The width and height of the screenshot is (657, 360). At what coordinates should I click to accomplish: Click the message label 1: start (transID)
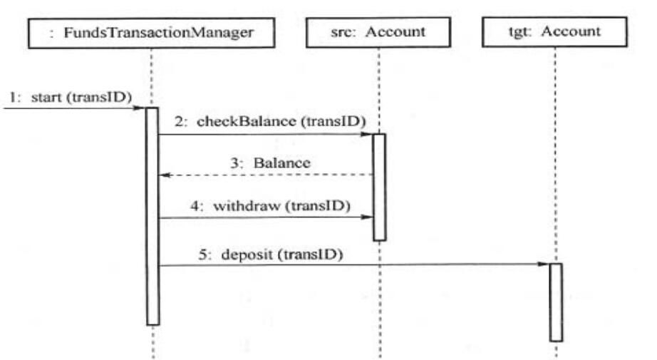(71, 97)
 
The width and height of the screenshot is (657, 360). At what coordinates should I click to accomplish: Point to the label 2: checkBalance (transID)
(270, 121)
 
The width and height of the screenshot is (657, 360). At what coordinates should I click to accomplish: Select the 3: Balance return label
(271, 163)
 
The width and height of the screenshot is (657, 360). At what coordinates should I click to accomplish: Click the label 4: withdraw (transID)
(270, 206)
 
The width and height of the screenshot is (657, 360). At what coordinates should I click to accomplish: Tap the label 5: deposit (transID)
(271, 254)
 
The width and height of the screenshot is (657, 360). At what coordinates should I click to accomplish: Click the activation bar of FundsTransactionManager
(152, 216)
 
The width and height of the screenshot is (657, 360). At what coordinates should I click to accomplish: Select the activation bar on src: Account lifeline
(379, 187)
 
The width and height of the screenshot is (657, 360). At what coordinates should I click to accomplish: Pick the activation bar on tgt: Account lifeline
(556, 302)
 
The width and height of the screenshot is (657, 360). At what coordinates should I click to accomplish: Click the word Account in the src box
(395, 32)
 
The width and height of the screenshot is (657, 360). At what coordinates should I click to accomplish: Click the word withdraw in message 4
(247, 206)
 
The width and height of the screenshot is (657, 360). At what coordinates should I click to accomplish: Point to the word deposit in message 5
(247, 254)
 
